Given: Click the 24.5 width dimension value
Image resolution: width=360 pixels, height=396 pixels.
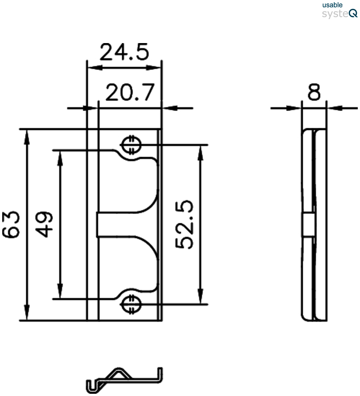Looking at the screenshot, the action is [124, 52].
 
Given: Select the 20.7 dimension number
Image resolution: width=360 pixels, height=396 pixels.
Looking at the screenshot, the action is [130, 92].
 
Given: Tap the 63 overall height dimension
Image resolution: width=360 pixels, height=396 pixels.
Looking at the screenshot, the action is [11, 225].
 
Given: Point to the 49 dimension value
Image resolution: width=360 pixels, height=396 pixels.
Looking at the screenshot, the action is [44, 225].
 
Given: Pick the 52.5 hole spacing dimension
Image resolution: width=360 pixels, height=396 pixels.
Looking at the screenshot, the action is [184, 224].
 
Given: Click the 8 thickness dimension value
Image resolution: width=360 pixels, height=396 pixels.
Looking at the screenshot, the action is [314, 92].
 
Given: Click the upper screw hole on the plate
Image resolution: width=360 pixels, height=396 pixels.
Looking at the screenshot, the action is [131, 145].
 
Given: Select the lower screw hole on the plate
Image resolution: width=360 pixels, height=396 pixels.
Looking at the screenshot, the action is [131, 304].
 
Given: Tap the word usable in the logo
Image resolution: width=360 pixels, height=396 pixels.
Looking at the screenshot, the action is [332, 5].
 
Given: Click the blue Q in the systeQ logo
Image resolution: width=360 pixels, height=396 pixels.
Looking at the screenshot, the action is [353, 13].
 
